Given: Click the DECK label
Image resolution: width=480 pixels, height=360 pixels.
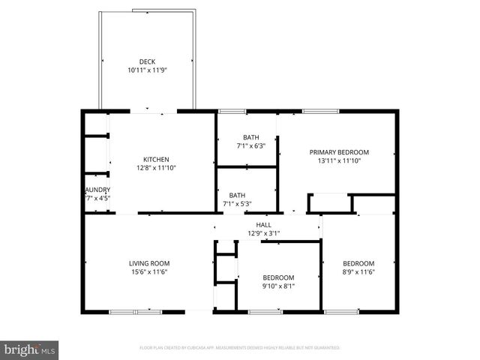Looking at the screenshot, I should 146,61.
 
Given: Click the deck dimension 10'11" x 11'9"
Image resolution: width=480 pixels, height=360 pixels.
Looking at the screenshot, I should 146,70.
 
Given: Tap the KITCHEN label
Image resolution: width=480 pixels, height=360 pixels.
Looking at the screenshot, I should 156,159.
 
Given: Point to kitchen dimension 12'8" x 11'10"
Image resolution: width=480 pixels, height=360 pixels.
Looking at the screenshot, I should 156,168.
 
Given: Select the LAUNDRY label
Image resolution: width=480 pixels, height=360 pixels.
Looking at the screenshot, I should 97,190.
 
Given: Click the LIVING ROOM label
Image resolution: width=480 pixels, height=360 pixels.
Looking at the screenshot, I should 148,263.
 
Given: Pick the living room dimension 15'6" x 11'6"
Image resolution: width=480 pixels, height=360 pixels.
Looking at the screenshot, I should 148,271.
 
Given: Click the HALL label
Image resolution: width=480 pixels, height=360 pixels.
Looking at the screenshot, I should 263,224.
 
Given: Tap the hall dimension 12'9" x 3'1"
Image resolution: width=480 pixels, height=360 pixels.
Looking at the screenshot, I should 263,232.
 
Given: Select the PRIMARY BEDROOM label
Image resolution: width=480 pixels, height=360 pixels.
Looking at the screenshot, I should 339,151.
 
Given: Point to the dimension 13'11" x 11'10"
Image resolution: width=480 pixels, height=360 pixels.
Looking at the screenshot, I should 339,160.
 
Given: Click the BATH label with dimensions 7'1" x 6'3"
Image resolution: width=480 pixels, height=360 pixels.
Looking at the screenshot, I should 250,137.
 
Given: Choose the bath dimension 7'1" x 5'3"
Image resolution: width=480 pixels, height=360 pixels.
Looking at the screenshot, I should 238,203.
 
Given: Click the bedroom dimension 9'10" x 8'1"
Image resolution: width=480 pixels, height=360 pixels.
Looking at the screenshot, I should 277,286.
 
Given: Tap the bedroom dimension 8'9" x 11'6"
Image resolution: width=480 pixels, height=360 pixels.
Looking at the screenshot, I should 358,271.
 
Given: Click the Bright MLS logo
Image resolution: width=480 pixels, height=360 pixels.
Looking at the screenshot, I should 29,349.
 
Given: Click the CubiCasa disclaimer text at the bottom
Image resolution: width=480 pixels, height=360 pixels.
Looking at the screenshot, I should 240,348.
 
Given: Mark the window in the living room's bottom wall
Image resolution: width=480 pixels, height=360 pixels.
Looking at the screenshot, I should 136,311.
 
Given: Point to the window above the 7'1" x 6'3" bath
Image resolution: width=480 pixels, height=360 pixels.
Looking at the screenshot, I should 232,111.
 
